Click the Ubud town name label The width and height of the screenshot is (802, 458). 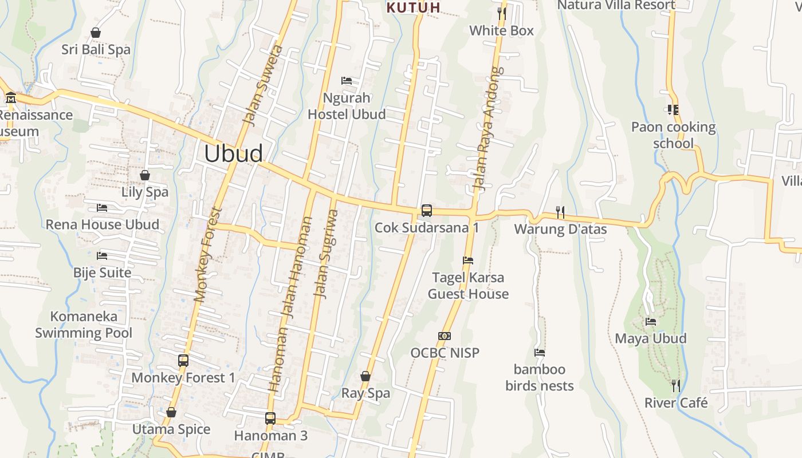pos(233,153)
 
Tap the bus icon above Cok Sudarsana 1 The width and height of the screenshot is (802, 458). pos(427,210)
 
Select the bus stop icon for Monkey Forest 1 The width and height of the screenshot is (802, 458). pos(183,361)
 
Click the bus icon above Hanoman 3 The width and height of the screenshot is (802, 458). pos(270,418)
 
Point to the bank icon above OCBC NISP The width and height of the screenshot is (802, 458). pos(445,335)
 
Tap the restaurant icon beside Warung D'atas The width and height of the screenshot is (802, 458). pos(560,212)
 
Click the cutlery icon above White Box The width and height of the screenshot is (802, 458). pos(502,13)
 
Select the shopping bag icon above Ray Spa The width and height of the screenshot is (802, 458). pos(365,376)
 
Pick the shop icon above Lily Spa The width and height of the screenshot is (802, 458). pos(145,175)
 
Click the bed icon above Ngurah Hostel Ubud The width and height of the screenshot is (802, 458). pos(347,81)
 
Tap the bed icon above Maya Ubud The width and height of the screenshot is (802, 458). pos(651,322)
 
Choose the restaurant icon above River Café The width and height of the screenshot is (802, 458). pos(676,386)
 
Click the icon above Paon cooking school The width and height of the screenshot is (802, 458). pos(673,109)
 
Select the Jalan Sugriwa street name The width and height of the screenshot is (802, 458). pos(325,253)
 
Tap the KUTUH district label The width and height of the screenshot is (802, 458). pos(413,7)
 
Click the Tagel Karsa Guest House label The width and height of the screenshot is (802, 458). pos(468,286)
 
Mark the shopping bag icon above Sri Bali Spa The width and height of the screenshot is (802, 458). pos(96,33)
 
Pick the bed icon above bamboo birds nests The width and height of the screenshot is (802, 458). pos(540,353)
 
